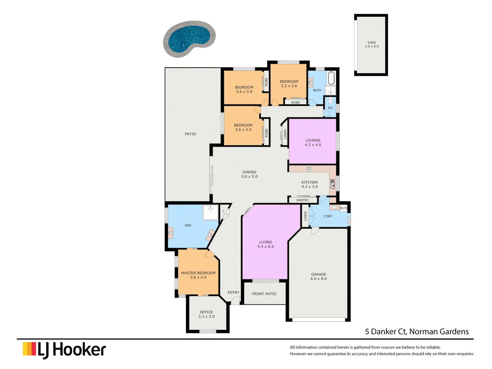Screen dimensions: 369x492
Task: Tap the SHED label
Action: pos(372,43)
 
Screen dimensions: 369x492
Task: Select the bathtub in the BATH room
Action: pos(331,78)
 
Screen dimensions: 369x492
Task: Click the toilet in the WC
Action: pos(330,101)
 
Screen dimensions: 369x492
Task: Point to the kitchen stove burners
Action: pos(309,168)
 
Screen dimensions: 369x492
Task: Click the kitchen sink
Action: pos(332,184)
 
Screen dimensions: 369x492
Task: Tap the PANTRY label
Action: pos(303,200)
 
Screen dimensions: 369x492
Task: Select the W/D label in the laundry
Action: pos(343,208)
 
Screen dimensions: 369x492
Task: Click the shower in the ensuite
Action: pos(210,213)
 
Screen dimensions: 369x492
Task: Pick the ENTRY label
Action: pos(234,292)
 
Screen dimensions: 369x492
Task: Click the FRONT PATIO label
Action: pos(264,294)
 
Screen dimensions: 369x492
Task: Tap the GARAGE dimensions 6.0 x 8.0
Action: pos(318,279)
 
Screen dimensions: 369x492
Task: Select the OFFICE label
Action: pos(206,312)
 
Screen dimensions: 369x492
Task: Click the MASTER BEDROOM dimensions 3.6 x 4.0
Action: pos(198,277)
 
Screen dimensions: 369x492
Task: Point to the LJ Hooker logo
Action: pos(64,350)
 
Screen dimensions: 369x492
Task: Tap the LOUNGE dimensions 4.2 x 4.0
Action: pos(313,145)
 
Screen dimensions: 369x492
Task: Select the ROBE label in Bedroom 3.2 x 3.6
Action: pos(296,102)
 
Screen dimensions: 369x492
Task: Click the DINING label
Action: pos(249,172)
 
